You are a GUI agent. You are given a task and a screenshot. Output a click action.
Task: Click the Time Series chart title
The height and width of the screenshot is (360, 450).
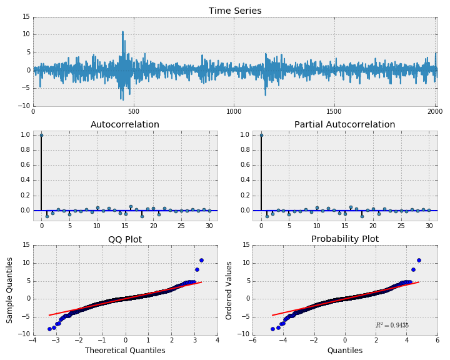(x=235, y=11)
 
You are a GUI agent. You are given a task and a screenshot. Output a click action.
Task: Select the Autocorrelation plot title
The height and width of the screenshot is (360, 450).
(x=125, y=124)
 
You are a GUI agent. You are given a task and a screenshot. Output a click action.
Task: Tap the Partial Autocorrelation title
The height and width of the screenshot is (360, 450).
(x=344, y=124)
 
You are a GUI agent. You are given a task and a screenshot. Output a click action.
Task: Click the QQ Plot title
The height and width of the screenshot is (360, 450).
(x=125, y=239)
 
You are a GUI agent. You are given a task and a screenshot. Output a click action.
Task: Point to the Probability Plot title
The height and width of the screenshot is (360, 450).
(x=344, y=239)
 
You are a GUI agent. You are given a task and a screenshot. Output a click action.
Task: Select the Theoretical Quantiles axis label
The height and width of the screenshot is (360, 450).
(x=125, y=351)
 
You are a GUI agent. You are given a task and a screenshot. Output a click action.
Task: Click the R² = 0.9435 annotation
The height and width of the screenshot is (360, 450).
(x=392, y=325)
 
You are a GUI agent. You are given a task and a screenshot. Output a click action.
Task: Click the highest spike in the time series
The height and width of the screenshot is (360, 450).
(x=122, y=31)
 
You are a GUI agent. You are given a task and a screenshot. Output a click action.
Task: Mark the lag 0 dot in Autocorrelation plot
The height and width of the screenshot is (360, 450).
(x=41, y=135)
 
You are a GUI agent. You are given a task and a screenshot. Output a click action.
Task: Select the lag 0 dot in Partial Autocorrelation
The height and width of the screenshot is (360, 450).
(x=261, y=135)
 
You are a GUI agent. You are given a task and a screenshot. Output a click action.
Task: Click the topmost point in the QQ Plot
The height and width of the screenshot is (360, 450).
(x=201, y=260)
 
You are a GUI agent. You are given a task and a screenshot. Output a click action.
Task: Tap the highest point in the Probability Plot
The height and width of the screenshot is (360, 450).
(x=419, y=260)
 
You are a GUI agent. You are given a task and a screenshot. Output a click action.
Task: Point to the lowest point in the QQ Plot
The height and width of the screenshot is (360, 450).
(x=49, y=329)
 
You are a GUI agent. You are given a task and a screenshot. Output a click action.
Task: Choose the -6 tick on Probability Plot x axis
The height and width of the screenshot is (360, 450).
(x=252, y=341)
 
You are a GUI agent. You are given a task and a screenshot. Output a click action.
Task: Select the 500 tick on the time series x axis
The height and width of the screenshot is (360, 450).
(x=133, y=111)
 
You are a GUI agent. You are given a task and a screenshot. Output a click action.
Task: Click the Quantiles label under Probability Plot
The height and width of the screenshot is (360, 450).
(x=344, y=351)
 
